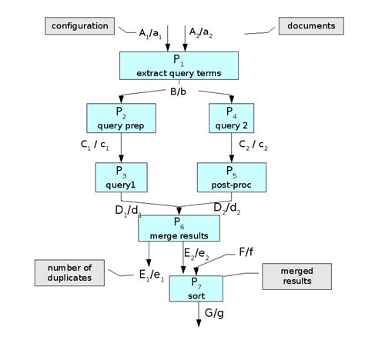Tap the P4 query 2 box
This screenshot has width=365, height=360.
coord(232,119)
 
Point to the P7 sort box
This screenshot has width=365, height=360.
coord(196,285)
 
